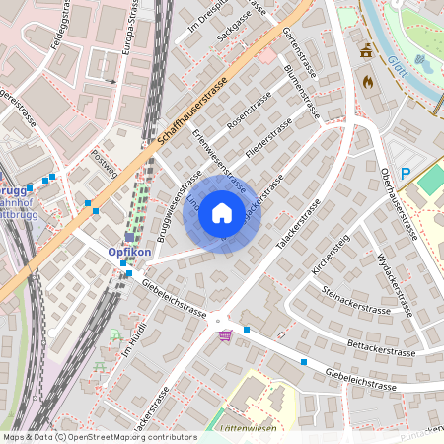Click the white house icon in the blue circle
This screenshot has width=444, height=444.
click(222, 213)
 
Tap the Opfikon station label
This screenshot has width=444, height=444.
click(129, 253)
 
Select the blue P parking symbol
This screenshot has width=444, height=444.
click(404, 174)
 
